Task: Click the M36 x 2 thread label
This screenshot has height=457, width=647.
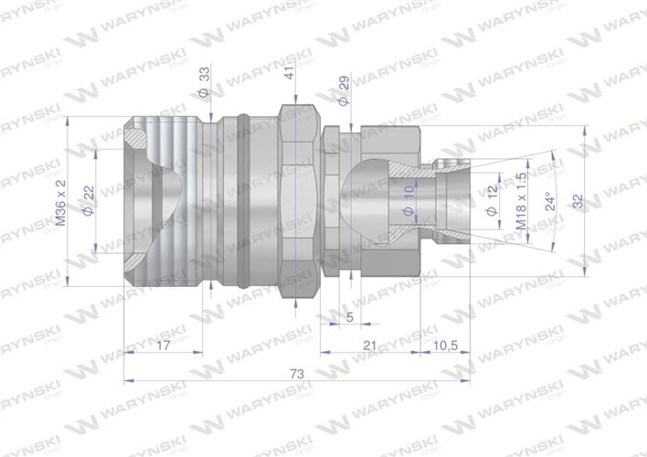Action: (62, 203)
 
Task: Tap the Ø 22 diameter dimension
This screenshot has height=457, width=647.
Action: (89, 200)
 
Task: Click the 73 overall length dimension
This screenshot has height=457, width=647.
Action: (295, 375)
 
